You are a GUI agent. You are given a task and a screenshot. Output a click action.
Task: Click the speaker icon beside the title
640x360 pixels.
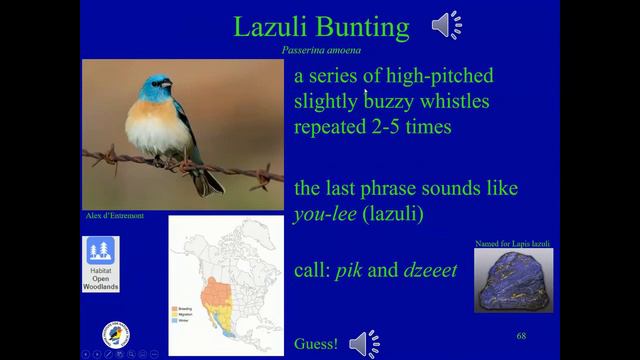click(x=447, y=25)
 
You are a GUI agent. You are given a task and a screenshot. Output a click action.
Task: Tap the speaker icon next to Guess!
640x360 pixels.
click(x=364, y=344)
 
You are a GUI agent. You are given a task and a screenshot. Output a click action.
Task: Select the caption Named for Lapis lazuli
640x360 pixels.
click(x=512, y=244)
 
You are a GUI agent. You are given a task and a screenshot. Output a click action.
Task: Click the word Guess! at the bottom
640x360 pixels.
click(x=316, y=345)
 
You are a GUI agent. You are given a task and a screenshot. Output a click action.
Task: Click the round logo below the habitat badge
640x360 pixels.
click(x=116, y=335)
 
